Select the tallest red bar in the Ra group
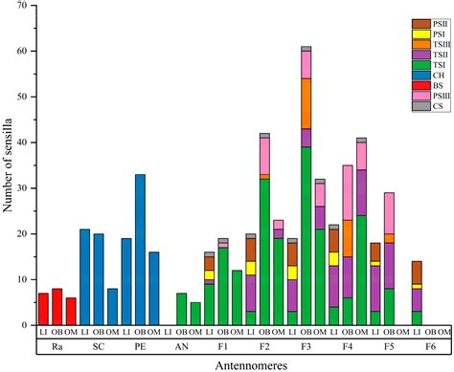tap(57, 307)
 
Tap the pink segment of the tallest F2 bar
tap(264, 156)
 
